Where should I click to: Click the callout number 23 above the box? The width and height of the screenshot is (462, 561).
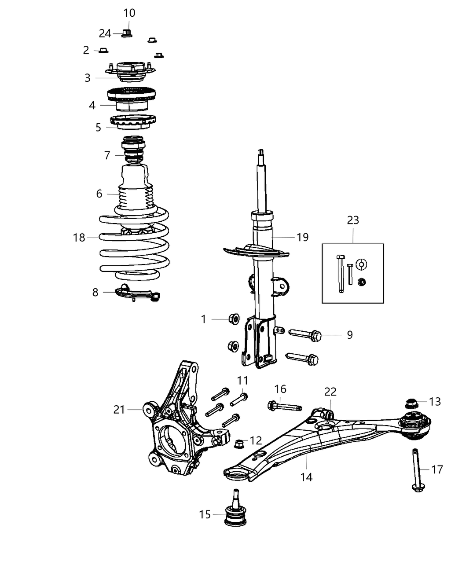[353, 220]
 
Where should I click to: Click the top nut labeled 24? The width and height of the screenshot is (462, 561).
[126, 33]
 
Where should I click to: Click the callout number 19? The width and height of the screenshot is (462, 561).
[303, 237]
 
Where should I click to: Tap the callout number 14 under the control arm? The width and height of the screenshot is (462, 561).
[306, 477]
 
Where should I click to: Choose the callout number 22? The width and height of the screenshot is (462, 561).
[330, 392]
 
